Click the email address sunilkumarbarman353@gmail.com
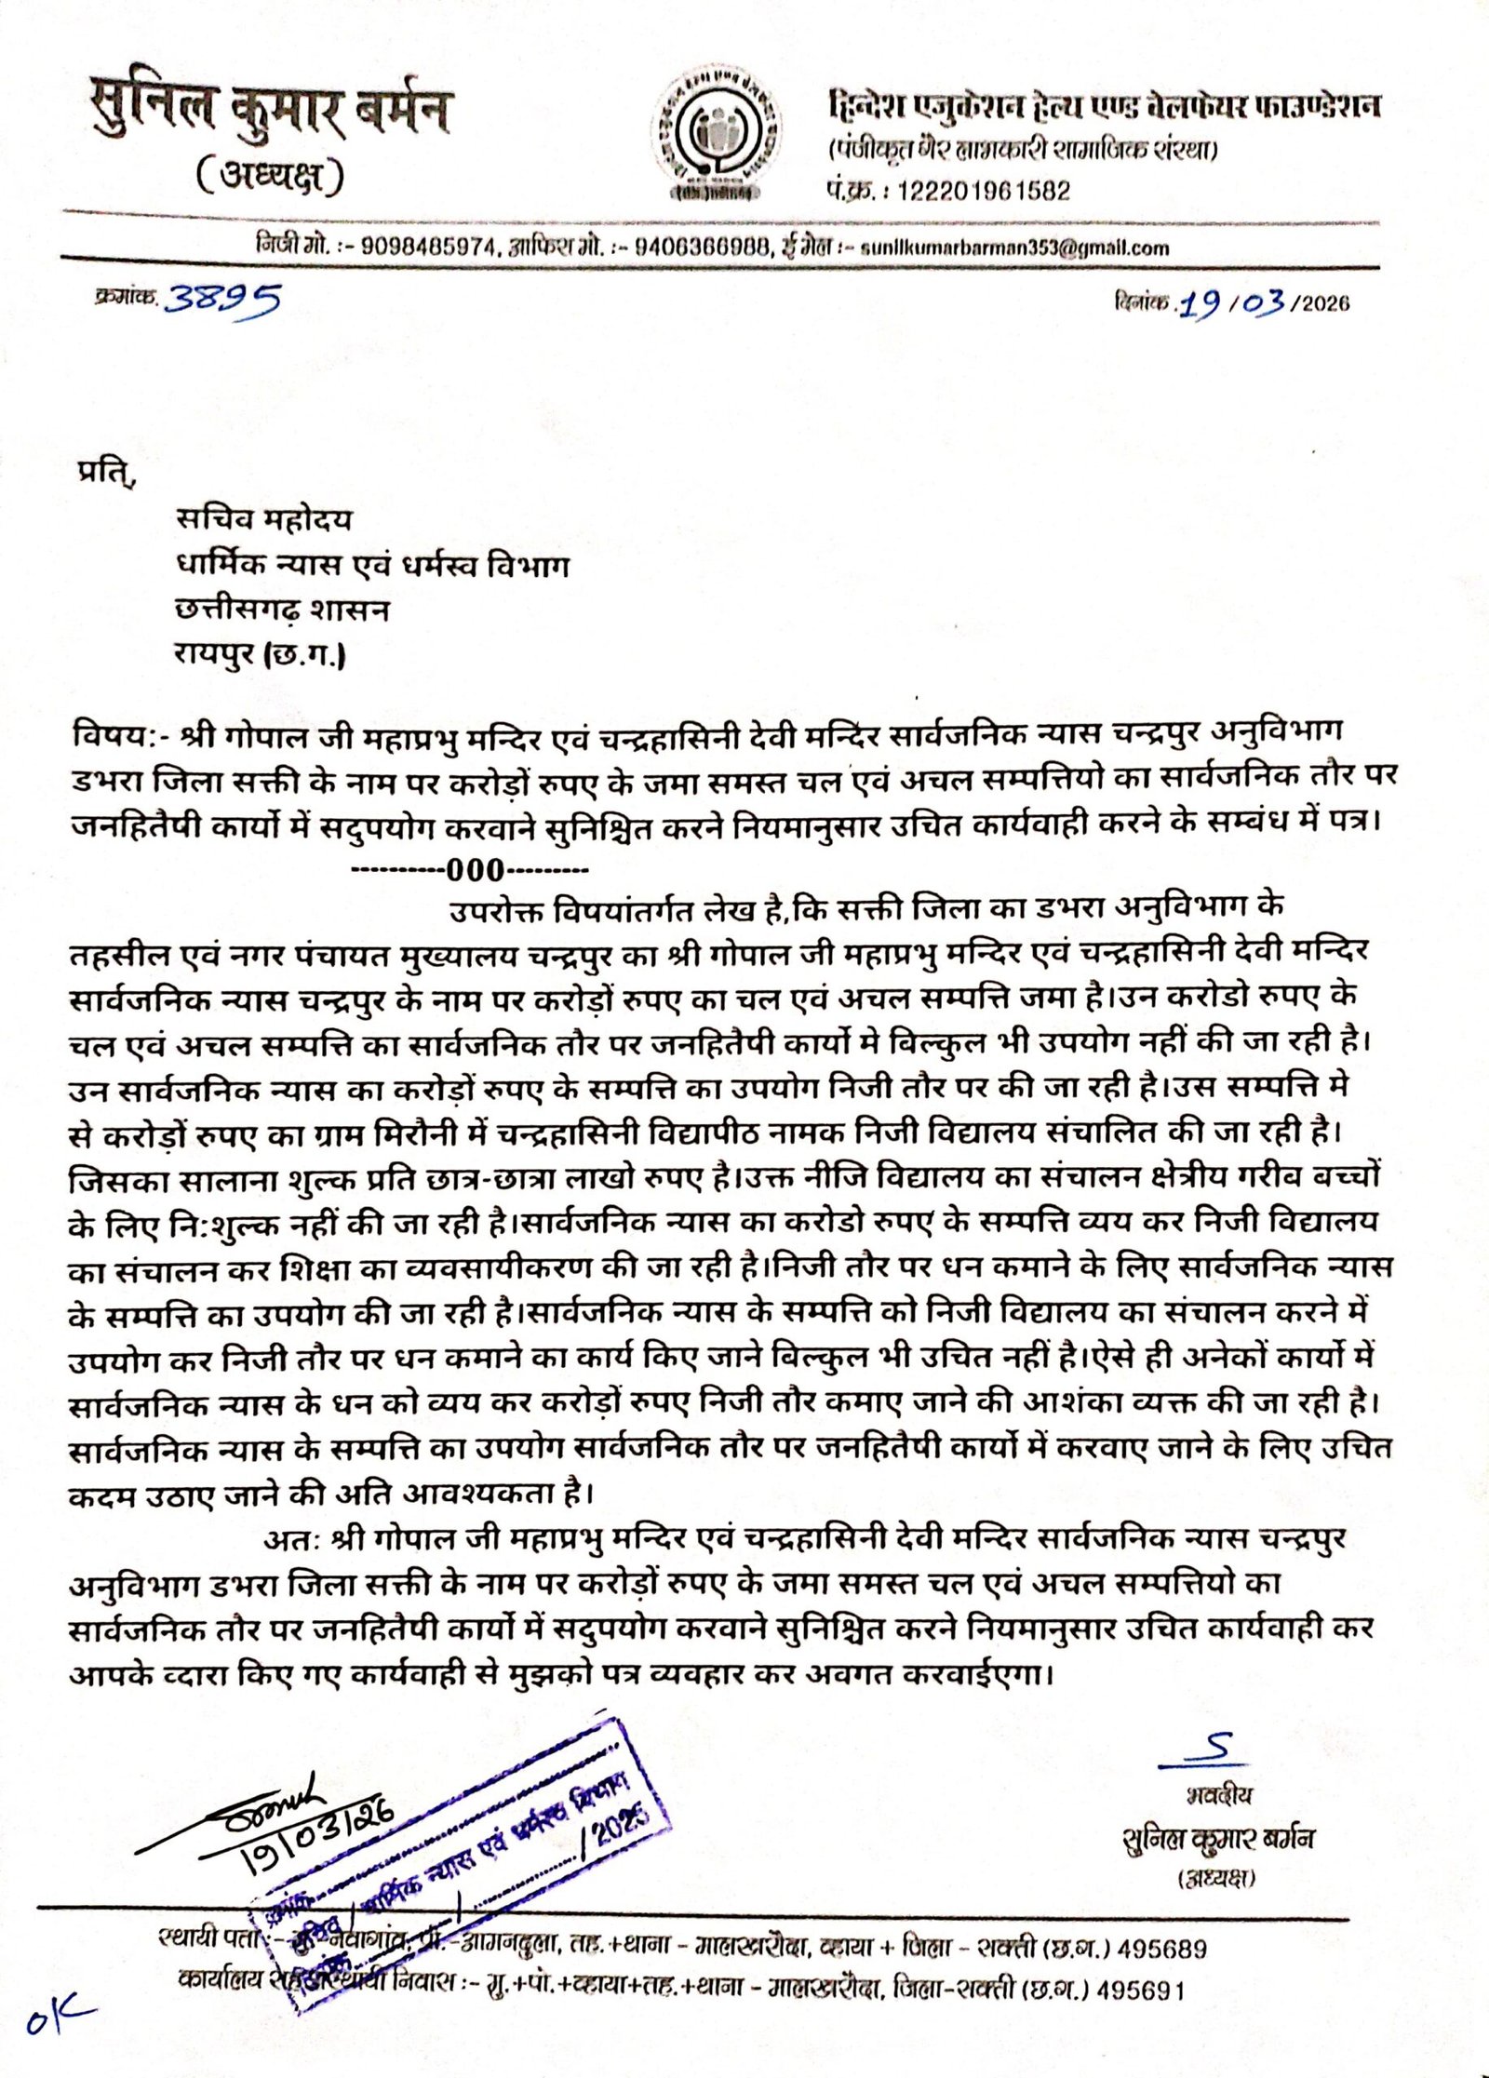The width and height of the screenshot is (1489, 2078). point(1014,248)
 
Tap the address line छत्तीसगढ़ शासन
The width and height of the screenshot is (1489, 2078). point(283,610)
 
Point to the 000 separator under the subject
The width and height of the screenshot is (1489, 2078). point(475,871)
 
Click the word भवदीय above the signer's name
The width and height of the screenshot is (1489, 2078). point(1218,1794)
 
